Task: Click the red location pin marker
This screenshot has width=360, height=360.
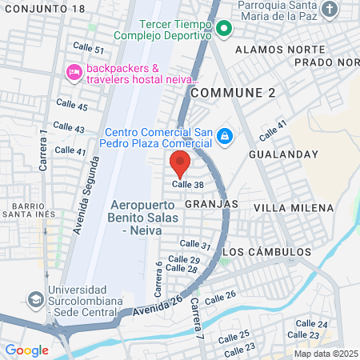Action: coord(180,162)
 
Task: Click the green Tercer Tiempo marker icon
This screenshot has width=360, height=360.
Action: coord(225,32)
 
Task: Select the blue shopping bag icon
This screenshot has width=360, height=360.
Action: coord(225,137)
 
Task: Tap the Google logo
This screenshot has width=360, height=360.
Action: coord(26,350)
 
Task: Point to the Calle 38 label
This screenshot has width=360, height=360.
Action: coord(188,184)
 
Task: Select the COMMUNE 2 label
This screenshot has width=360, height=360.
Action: coord(233,93)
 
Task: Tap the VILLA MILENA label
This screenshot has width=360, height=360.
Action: coord(293,208)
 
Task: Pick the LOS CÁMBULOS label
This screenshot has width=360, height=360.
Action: coord(265,251)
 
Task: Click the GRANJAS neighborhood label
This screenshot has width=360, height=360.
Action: coord(211,204)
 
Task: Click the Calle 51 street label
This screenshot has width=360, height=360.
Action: coord(89,49)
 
